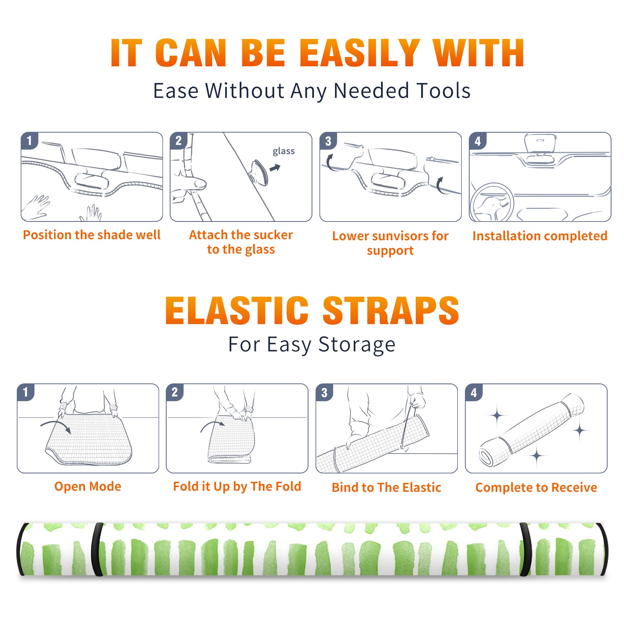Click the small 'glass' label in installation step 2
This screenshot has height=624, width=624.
[x=284, y=151]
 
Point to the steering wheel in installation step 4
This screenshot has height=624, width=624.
[x=492, y=202]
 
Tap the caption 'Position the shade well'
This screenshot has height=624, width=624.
[x=92, y=235]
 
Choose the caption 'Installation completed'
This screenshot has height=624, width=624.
[x=540, y=236]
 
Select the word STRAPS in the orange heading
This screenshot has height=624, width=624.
[x=391, y=310]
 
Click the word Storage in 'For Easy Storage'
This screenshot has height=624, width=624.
[x=357, y=345]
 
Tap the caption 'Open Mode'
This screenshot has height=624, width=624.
[x=88, y=486]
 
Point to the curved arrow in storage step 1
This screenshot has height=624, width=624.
[x=56, y=424]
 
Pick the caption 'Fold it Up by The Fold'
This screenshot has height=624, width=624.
[x=237, y=486]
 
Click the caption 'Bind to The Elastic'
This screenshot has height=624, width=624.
[x=386, y=487]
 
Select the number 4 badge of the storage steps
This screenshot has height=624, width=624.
[x=474, y=392]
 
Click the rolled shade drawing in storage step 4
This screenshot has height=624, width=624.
[x=532, y=429]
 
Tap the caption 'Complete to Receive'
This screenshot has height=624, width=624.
[x=536, y=487]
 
